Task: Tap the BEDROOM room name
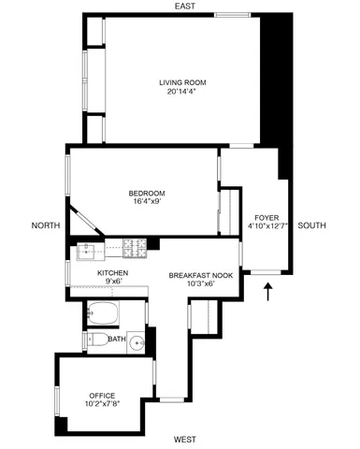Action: [147, 194]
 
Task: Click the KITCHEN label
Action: [112, 272]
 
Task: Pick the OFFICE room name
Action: [102, 395]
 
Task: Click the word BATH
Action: [117, 340]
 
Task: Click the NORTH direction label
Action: [45, 225]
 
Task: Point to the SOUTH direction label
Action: [312, 225]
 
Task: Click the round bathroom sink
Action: [137, 340]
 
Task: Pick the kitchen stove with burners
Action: [136, 248]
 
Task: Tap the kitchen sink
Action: [87, 250]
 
